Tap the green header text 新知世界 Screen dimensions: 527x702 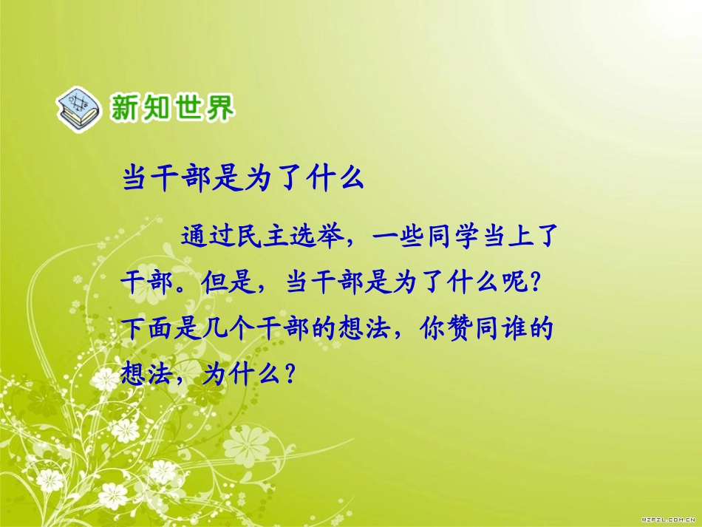click(171, 108)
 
